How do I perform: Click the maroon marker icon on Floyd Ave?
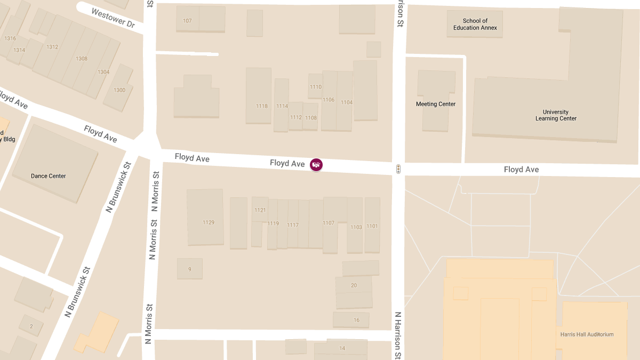[x=316, y=165]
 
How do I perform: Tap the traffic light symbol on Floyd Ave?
[x=398, y=169]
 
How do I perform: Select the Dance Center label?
[x=49, y=176]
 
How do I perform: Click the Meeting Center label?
[x=436, y=104]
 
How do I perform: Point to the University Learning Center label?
[x=556, y=115]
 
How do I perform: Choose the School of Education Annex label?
[x=475, y=25]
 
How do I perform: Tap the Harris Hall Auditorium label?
[x=587, y=334]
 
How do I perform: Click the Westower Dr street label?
[x=113, y=18]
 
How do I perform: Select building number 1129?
[x=209, y=222]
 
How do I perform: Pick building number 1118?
[x=262, y=106]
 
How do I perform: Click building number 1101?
[x=372, y=226]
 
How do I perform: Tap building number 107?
[x=187, y=21]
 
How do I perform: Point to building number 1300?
[x=119, y=90]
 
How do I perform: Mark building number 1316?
[x=10, y=38]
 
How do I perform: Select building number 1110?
[x=316, y=87]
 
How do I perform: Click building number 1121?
[x=260, y=210]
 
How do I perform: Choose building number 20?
[x=354, y=285]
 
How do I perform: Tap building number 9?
[x=189, y=269]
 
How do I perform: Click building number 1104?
[x=347, y=102]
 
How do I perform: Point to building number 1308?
[x=82, y=59]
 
